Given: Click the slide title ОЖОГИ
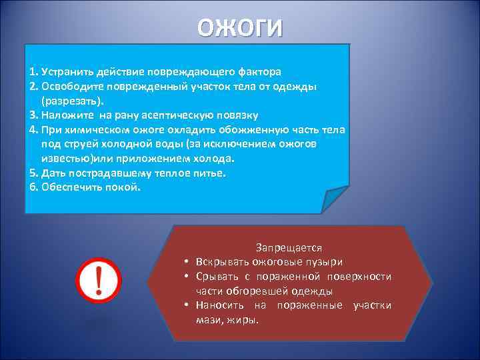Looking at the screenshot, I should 240,27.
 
